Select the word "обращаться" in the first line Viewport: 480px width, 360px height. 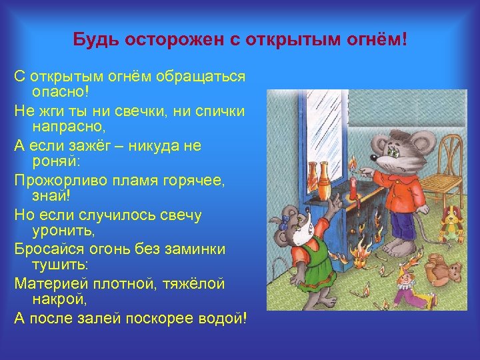201,76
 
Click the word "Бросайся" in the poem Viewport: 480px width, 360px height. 44,249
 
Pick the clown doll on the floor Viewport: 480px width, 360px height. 406,287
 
